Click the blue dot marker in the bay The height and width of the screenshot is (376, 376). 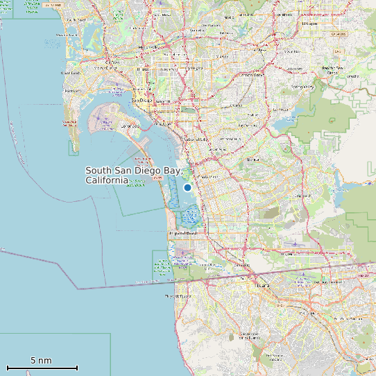[x=187, y=187]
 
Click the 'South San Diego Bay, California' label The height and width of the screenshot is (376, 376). [x=133, y=175]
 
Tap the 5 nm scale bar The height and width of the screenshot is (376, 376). [x=42, y=367]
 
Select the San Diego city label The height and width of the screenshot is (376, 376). [x=142, y=101]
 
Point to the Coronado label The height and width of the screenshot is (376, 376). [x=129, y=126]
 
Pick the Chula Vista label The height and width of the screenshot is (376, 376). [x=207, y=177]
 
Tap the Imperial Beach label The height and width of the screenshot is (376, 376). [x=182, y=234]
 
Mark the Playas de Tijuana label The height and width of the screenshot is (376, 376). [x=178, y=296]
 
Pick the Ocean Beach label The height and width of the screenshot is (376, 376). [x=70, y=73]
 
